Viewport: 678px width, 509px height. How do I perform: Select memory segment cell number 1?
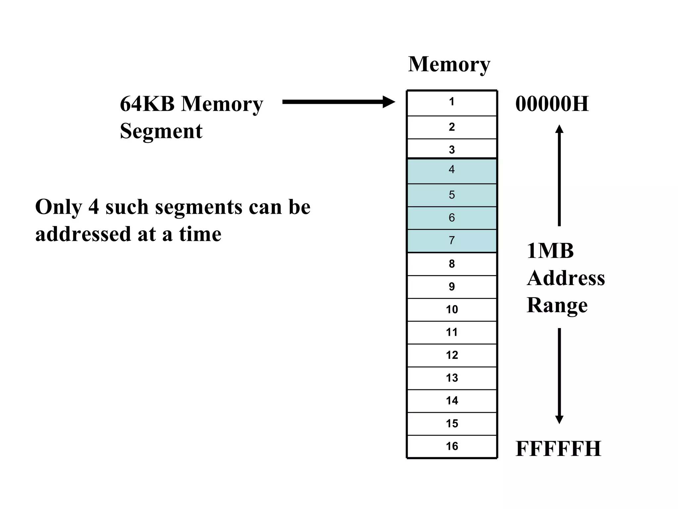point(452,103)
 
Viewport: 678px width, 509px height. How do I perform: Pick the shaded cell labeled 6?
point(452,218)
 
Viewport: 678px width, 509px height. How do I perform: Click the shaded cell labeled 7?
point(452,241)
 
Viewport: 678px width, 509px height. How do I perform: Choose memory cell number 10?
point(452,310)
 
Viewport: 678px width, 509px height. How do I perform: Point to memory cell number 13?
point(452,378)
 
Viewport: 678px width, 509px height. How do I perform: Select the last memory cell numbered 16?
point(452,446)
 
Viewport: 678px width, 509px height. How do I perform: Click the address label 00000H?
point(552,104)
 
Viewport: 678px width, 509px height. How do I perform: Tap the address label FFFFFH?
point(558,449)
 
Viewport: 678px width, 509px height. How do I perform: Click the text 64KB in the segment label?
point(147,104)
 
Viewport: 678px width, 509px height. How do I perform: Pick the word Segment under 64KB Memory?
point(161,131)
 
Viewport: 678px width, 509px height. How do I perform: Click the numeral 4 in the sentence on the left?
point(94,207)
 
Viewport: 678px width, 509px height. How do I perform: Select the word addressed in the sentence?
point(83,234)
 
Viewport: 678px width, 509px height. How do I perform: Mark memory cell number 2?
point(452,127)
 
